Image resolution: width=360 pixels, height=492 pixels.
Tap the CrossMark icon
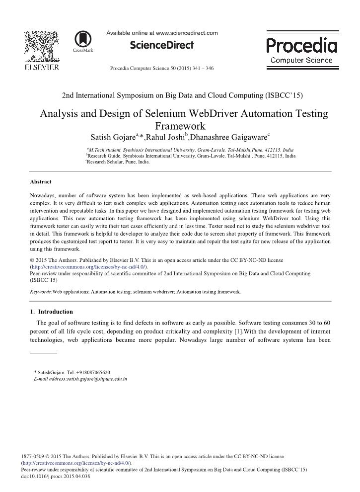(x=83, y=40)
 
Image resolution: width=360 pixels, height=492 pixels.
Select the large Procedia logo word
(x=301, y=46)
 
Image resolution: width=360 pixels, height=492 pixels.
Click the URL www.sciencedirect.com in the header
(x=187, y=33)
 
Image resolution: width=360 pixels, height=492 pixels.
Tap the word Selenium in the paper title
(x=169, y=114)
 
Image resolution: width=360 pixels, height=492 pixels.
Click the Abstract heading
(x=41, y=182)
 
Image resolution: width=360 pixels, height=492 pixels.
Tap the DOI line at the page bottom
(x=56, y=476)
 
